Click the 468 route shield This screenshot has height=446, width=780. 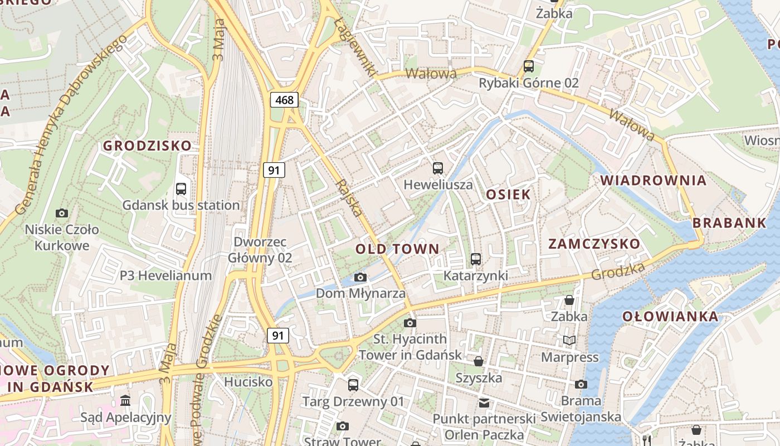pyautogui.click(x=284, y=100)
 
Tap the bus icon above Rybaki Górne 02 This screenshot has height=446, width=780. pyautogui.click(x=529, y=66)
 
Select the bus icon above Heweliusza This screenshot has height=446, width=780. pyautogui.click(x=438, y=168)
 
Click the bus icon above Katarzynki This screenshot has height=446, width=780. pyautogui.click(x=475, y=259)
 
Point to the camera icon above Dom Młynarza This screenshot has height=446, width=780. pyautogui.click(x=360, y=277)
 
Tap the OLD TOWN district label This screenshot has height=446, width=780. pyautogui.click(x=397, y=249)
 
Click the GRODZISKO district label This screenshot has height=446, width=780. pyautogui.click(x=147, y=146)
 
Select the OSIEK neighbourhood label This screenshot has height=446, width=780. pyautogui.click(x=508, y=195)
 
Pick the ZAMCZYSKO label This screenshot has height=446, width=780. pyautogui.click(x=594, y=244)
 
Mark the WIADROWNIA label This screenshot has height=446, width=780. pyautogui.click(x=653, y=181)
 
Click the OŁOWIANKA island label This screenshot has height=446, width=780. pyautogui.click(x=670, y=317)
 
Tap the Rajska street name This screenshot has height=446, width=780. pyautogui.click(x=349, y=198)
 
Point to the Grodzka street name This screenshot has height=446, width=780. pyautogui.click(x=618, y=272)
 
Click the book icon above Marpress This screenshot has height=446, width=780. pyautogui.click(x=569, y=340)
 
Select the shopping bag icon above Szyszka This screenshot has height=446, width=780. pyautogui.click(x=478, y=361)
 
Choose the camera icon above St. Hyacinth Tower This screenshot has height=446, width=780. pyautogui.click(x=410, y=323)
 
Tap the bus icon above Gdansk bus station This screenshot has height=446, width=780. pyautogui.click(x=181, y=189)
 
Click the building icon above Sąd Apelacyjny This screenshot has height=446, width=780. pyautogui.click(x=125, y=401)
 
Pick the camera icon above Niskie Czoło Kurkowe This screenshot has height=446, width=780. pyautogui.click(x=62, y=213)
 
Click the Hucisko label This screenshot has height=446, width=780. pyautogui.click(x=248, y=382)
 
